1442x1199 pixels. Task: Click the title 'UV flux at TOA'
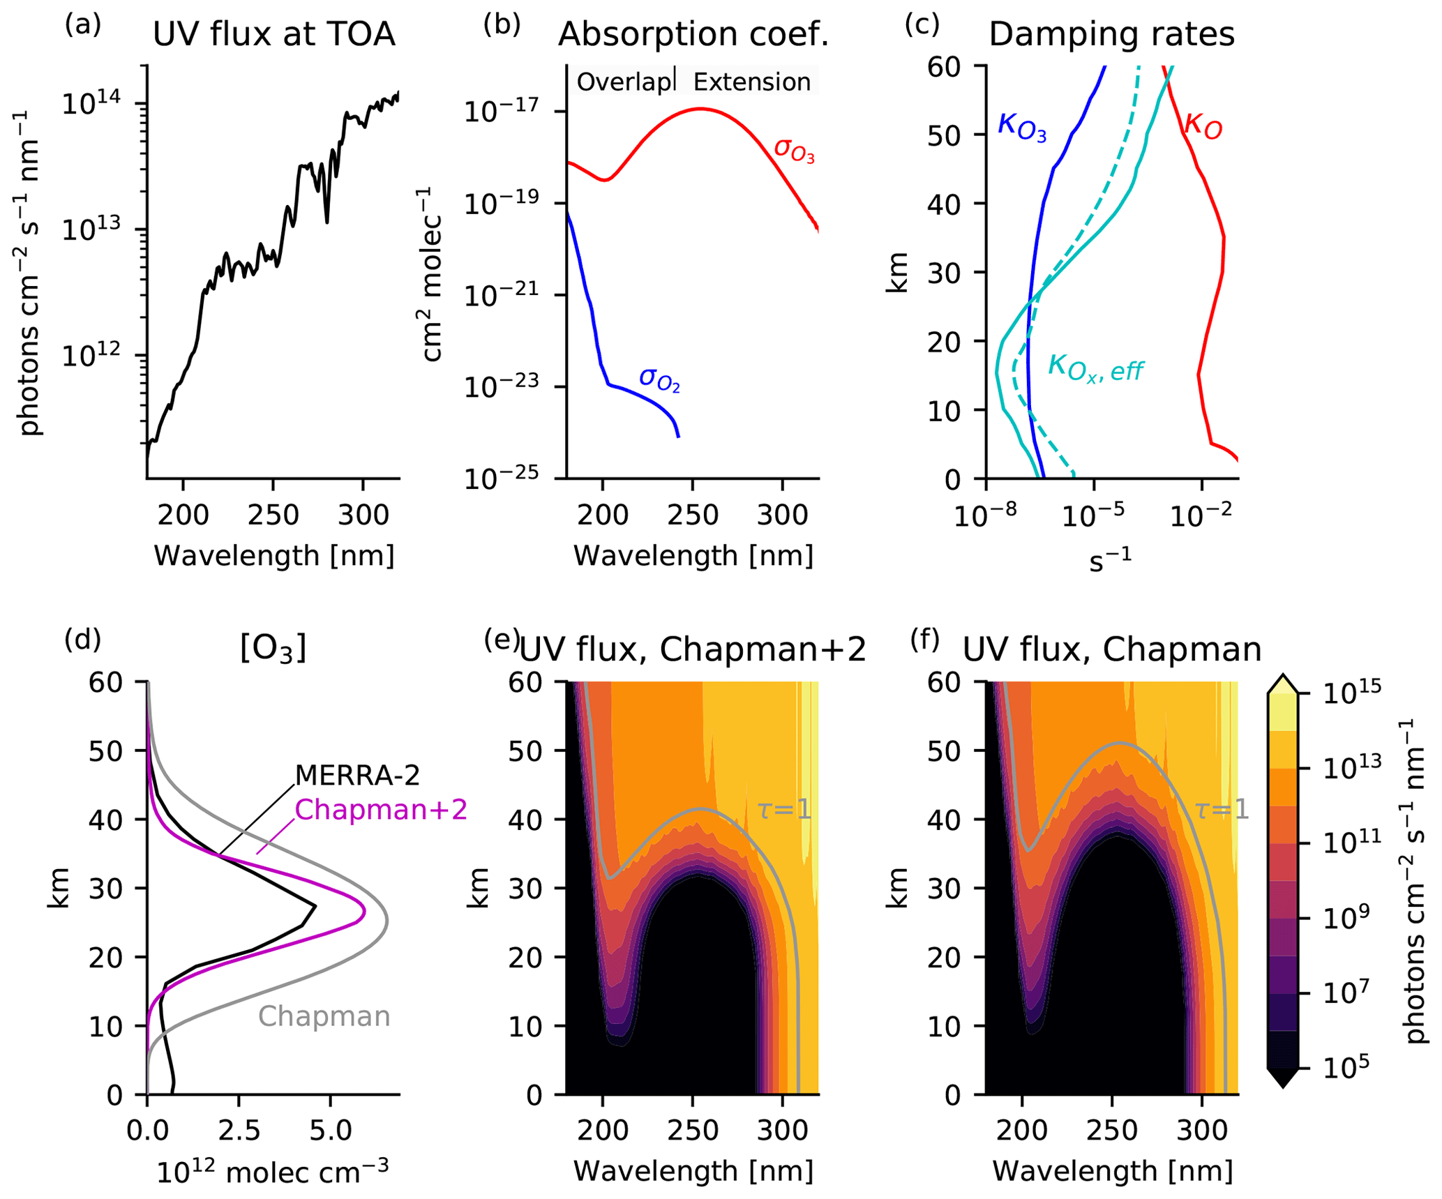pos(273,34)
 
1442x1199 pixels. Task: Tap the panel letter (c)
pos(922,25)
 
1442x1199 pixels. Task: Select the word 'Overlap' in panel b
pos(623,82)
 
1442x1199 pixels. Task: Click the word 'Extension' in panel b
pos(751,82)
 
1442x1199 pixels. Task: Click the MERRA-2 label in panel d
pos(357,775)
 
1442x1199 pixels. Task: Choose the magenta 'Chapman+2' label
pos(380,810)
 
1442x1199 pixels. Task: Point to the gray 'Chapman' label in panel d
pos(324,1016)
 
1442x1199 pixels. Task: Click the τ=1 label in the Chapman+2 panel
pos(784,810)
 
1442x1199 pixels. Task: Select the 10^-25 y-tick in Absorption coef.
pos(501,478)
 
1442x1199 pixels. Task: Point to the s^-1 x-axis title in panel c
pos(1110,559)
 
